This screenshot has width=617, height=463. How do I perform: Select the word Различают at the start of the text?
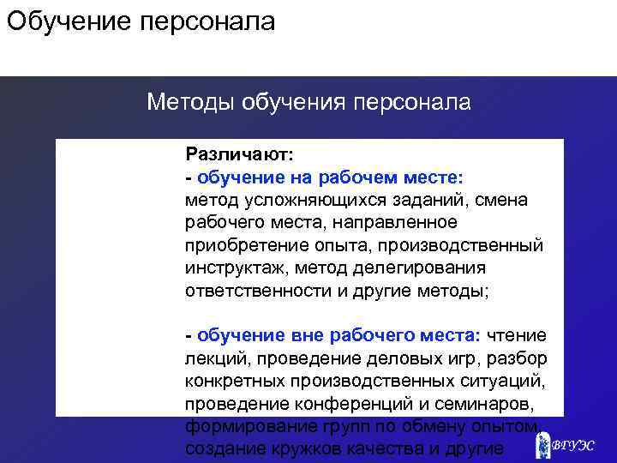pos(237,154)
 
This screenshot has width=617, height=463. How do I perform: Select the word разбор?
pos(518,357)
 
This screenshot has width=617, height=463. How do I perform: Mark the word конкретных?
pos(234,380)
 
